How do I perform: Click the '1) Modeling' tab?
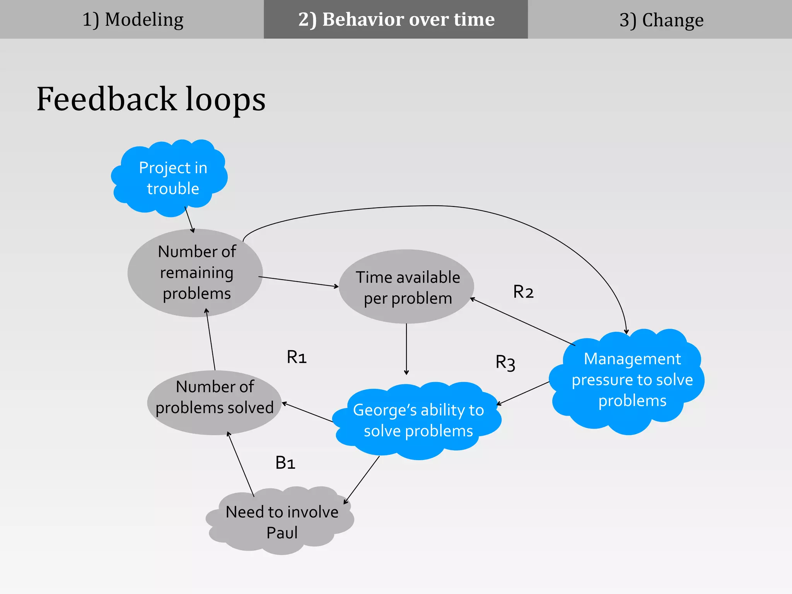[x=132, y=19]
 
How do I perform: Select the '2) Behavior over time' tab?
[x=396, y=19]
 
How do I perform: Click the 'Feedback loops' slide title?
[x=151, y=99]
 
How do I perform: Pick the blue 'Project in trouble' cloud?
[x=172, y=178]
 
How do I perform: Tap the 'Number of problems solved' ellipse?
[x=215, y=402]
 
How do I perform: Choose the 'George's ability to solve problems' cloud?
[x=418, y=420]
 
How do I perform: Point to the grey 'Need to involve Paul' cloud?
[x=282, y=522]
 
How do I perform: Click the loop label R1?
[x=297, y=357]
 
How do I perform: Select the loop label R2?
[x=523, y=292]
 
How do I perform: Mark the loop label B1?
[x=285, y=463]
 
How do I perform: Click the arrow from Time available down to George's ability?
[x=406, y=348]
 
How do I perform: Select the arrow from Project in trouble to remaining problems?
[x=189, y=219]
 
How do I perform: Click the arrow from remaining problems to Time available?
[x=298, y=282]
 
